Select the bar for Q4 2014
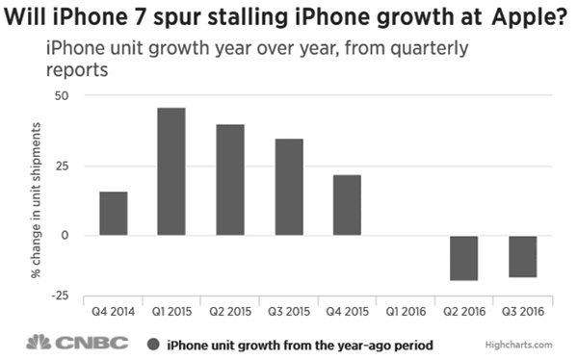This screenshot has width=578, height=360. pyautogui.click(x=113, y=214)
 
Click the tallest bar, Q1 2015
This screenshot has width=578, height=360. pyautogui.click(x=171, y=171)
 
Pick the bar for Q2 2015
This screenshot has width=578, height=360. pyautogui.click(x=229, y=180)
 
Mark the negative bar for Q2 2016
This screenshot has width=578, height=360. pyautogui.click(x=464, y=258)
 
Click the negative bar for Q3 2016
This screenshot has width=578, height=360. pyautogui.click(x=523, y=257)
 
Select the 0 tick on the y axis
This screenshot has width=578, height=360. pyautogui.click(x=66, y=235)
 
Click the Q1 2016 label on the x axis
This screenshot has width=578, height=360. pyautogui.click(x=406, y=312)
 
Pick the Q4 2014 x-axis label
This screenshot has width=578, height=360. pyautogui.click(x=113, y=312)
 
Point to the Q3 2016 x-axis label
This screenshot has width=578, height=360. pyautogui.click(x=523, y=312)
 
